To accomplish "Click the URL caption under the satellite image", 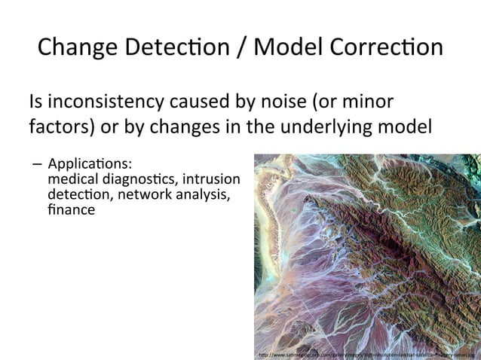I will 365,352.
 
